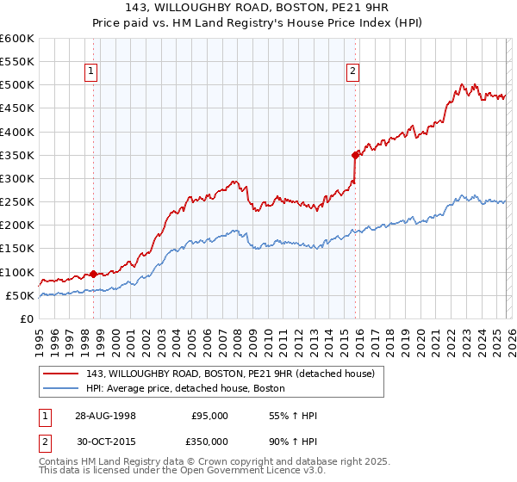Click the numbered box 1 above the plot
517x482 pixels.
92,72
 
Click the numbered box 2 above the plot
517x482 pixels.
353,72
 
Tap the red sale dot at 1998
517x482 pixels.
93,274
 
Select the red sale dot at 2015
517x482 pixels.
355,155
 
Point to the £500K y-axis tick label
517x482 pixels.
17,85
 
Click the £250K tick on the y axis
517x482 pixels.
17,202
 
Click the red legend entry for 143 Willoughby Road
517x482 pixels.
230,374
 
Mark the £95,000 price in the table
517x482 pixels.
209,416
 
